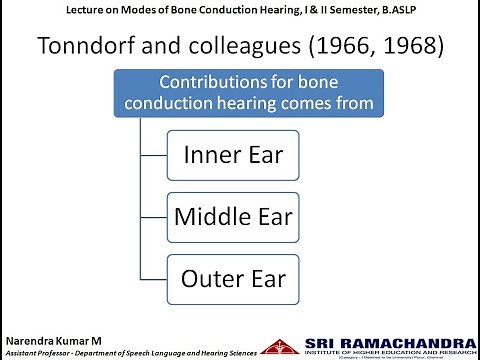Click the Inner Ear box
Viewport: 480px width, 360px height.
coord(233,155)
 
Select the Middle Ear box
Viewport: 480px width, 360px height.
coord(233,216)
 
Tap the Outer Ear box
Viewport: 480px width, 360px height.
coord(233,277)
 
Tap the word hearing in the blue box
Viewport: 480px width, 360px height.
coord(232,104)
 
